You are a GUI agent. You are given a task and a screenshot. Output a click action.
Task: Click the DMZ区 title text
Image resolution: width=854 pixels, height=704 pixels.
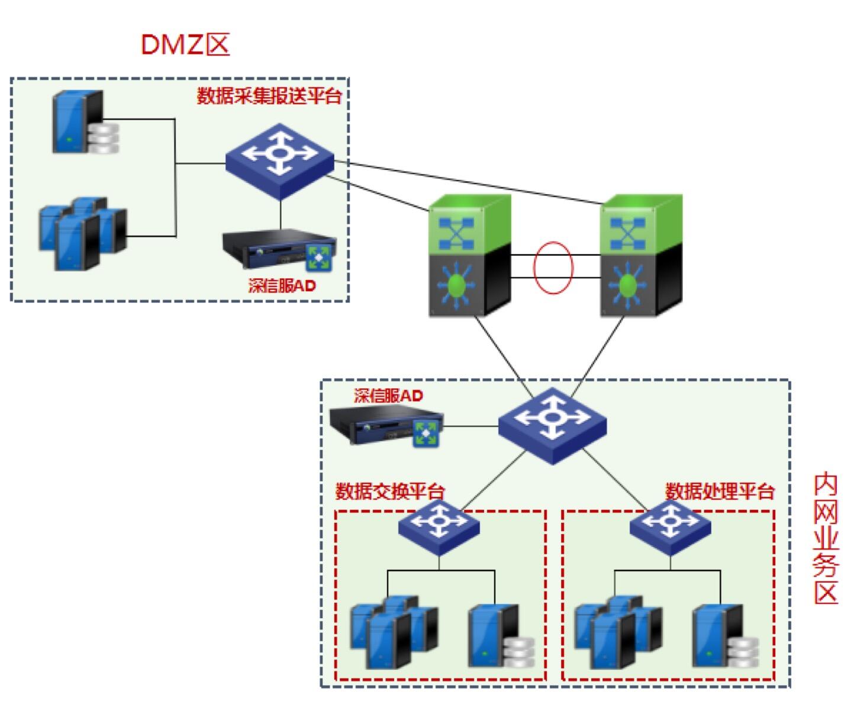pyautogui.click(x=185, y=44)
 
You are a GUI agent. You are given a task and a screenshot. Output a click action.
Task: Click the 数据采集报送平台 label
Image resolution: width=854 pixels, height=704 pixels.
pyautogui.click(x=269, y=96)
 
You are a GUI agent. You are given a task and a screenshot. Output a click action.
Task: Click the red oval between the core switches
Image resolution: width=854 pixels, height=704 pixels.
pyautogui.click(x=553, y=267)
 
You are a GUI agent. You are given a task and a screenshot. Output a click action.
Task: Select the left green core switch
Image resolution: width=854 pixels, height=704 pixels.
pyautogui.click(x=469, y=256)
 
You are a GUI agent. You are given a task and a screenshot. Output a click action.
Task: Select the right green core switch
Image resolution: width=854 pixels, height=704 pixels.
pyautogui.click(x=641, y=256)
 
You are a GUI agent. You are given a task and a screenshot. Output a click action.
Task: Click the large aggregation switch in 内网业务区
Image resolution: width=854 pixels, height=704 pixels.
pyautogui.click(x=552, y=425)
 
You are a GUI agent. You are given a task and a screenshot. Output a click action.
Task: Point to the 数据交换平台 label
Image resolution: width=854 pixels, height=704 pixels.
pyautogui.click(x=390, y=491)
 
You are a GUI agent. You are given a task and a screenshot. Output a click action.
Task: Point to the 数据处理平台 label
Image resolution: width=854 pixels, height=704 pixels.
pyautogui.click(x=720, y=491)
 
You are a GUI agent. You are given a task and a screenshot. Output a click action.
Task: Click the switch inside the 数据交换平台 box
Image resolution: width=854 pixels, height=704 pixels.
pyautogui.click(x=439, y=526)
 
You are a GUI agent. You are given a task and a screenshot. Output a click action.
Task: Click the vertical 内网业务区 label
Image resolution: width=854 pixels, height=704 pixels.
pyautogui.click(x=826, y=538)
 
